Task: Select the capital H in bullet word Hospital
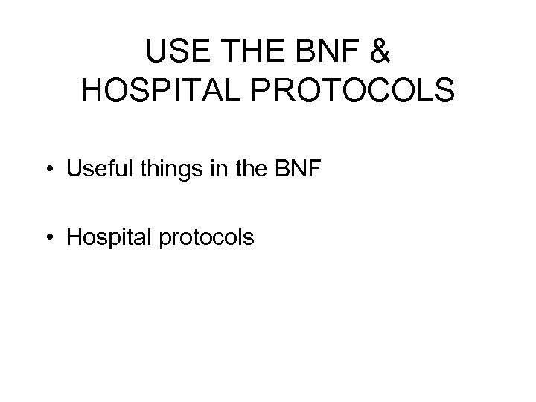74,237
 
